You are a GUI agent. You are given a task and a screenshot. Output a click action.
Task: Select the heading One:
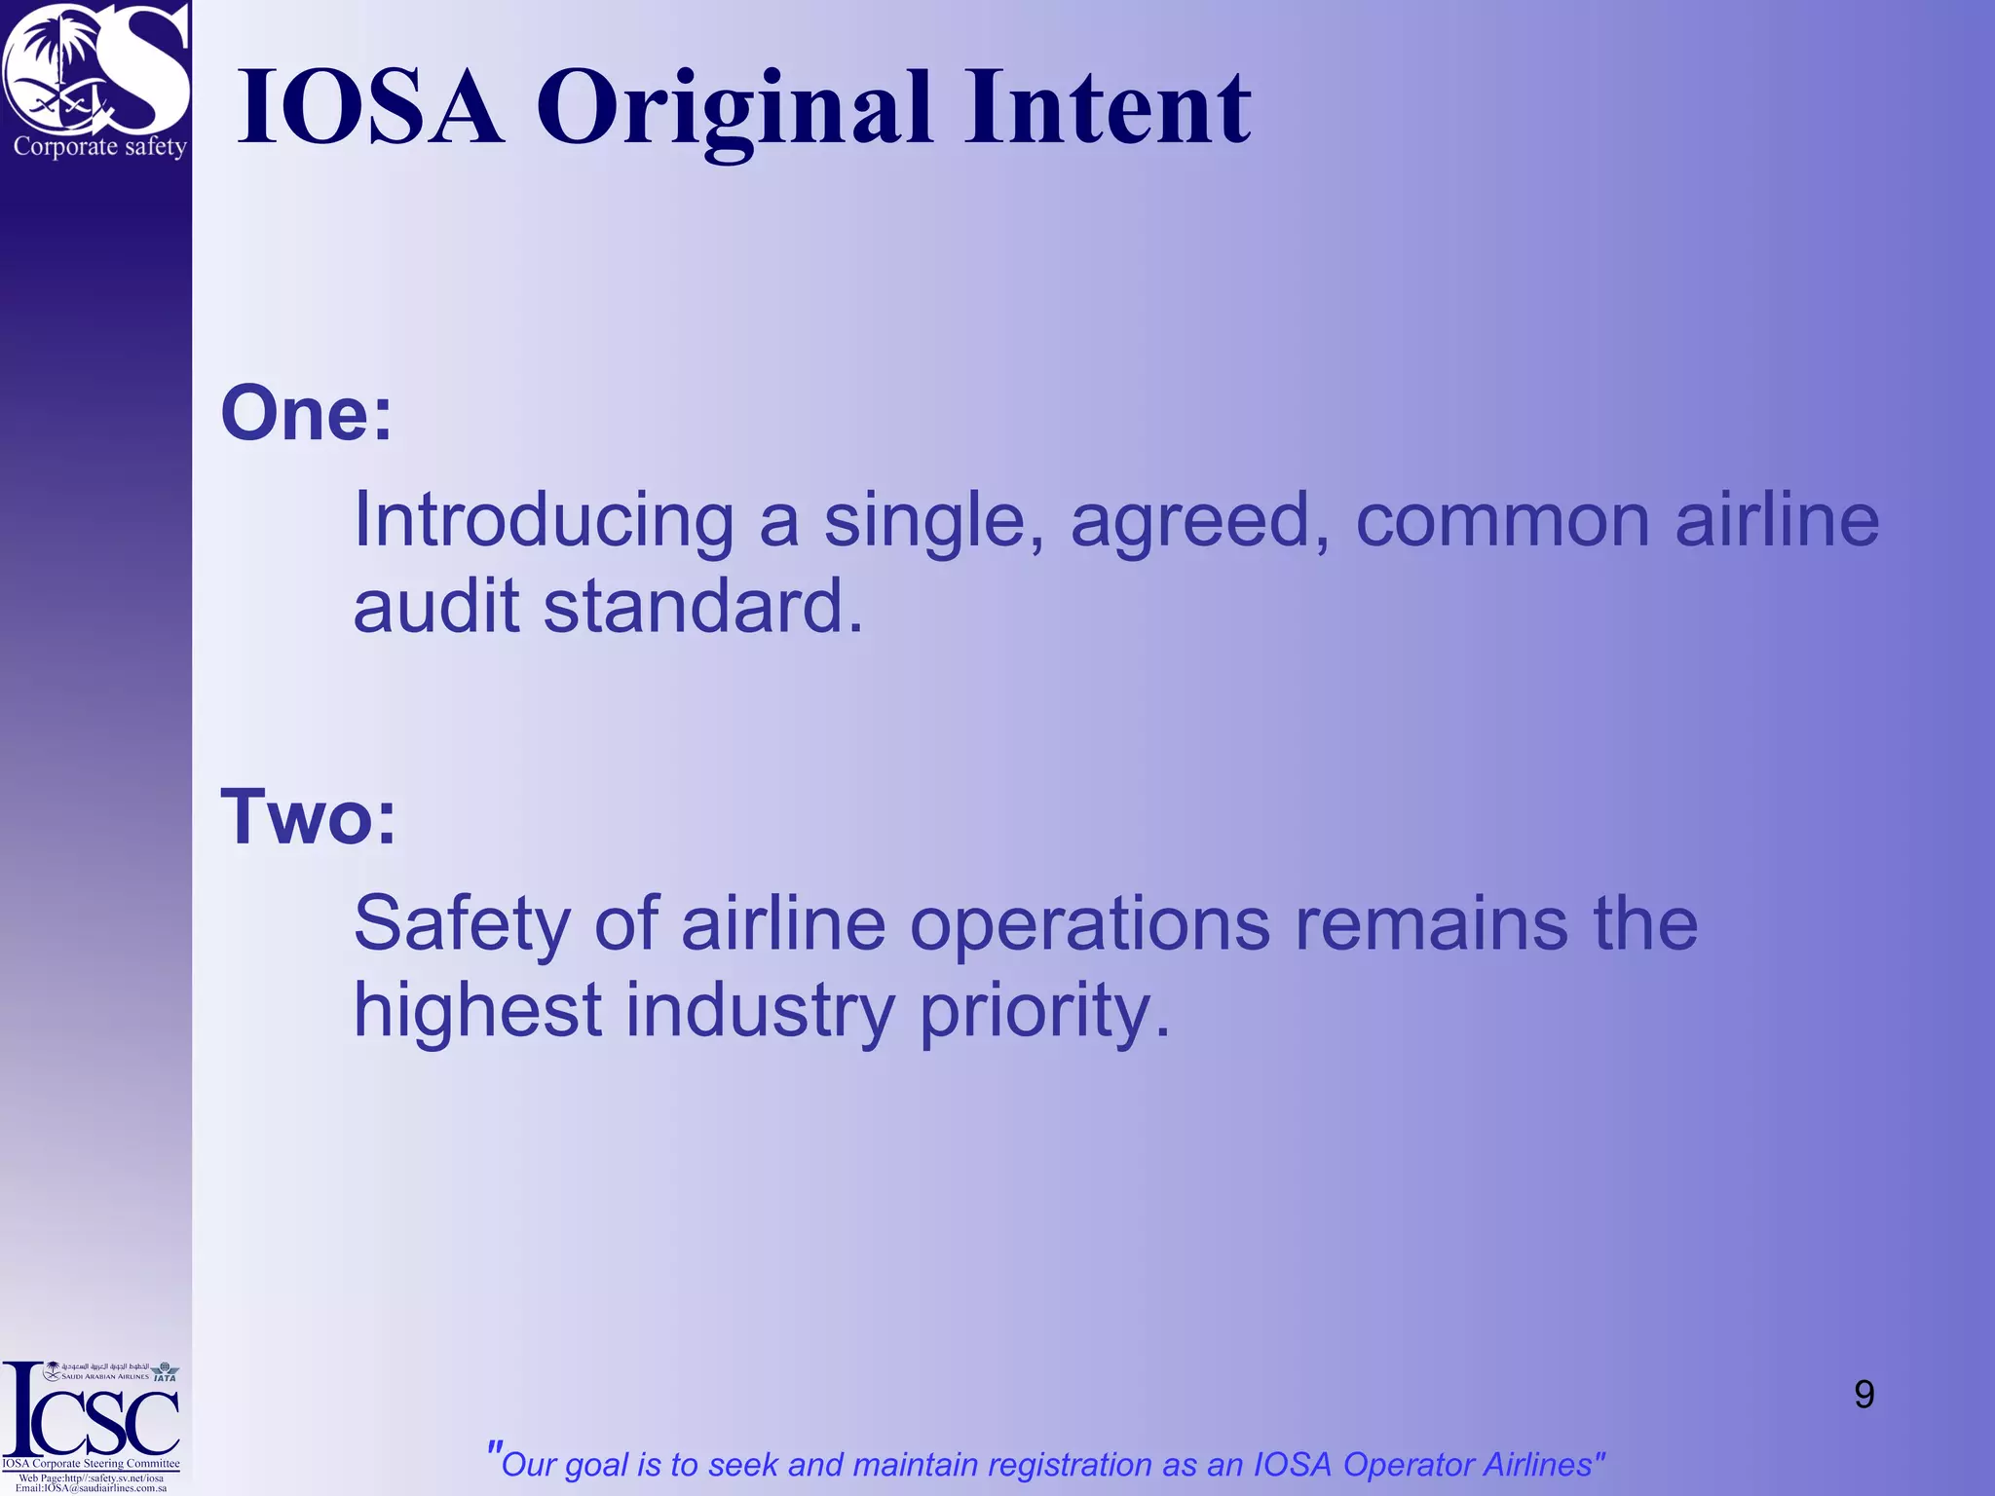[306, 413]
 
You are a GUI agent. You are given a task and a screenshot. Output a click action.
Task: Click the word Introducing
[543, 520]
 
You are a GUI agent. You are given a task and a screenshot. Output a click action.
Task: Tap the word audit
[435, 606]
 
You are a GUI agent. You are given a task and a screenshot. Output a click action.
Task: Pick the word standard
[702, 606]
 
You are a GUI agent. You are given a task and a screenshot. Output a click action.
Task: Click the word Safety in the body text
[461, 925]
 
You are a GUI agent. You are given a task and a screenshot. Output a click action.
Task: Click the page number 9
[1863, 1395]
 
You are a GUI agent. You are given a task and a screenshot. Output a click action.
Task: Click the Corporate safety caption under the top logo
[99, 147]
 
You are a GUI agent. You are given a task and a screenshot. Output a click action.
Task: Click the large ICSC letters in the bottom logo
[93, 1417]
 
